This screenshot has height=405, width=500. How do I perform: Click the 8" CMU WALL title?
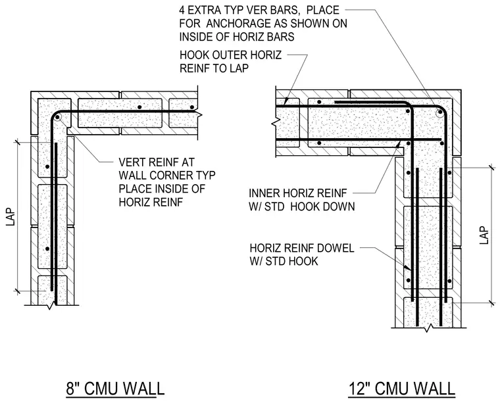pyautogui.click(x=115, y=389)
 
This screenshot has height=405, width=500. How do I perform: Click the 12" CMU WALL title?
pyautogui.click(x=402, y=389)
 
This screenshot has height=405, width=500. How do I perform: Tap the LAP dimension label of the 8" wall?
pyautogui.click(x=11, y=217)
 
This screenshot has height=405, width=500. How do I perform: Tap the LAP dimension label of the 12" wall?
pyautogui.click(x=484, y=235)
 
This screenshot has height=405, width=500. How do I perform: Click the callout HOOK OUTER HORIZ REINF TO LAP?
pyautogui.click(x=230, y=62)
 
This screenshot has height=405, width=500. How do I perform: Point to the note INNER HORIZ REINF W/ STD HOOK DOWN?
pyautogui.click(x=302, y=200)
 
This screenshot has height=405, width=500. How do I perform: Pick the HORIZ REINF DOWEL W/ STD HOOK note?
pyautogui.click(x=302, y=254)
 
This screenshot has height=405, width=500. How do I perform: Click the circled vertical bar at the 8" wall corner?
pyautogui.click(x=57, y=117)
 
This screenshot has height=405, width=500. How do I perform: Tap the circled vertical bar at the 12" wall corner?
pyautogui.click(x=440, y=112)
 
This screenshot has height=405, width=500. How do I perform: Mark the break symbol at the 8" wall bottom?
pyautogui.click(x=51, y=306)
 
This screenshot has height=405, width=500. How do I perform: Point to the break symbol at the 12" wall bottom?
pyautogui.click(x=430, y=327)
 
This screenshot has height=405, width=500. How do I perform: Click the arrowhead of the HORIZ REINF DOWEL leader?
pyautogui.click(x=407, y=269)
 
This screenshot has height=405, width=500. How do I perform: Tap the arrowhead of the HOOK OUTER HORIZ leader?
pyautogui.click(x=286, y=101)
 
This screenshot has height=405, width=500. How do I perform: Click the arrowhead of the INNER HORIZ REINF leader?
pyautogui.click(x=398, y=144)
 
